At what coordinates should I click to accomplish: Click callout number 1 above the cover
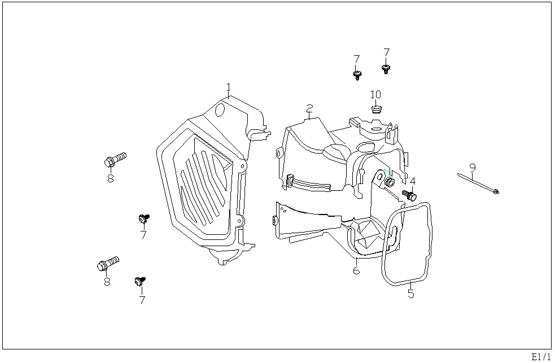pos(229,88)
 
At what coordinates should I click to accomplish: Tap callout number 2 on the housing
pos(309,108)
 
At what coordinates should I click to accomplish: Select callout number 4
pos(413,181)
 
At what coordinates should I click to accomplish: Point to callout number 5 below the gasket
pos(410,294)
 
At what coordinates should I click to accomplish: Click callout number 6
pos(356,270)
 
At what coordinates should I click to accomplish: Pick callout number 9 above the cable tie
pos(473,167)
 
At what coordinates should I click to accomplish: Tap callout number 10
pos(375,94)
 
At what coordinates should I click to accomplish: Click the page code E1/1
pos(540,356)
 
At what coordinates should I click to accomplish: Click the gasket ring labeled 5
pos(408,243)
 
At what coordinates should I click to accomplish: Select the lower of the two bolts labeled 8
pos(108,264)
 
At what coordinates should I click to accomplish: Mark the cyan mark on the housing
pos(385,172)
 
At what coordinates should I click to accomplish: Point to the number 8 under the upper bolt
pos(111,178)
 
